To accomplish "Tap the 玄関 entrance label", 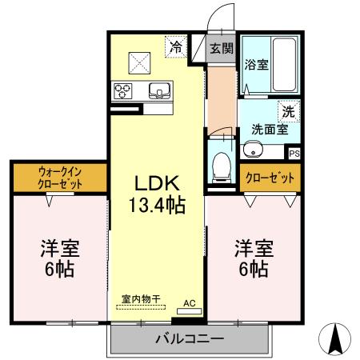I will pyautogui.click(x=222, y=48).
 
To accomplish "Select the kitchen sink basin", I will pyautogui.click(x=158, y=90).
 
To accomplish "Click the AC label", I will pyautogui.click(x=189, y=303).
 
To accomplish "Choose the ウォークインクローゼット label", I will pyautogui.click(x=59, y=177).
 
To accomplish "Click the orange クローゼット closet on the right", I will pyautogui.click(x=270, y=177).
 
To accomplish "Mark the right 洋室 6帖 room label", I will pyautogui.click(x=254, y=257).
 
